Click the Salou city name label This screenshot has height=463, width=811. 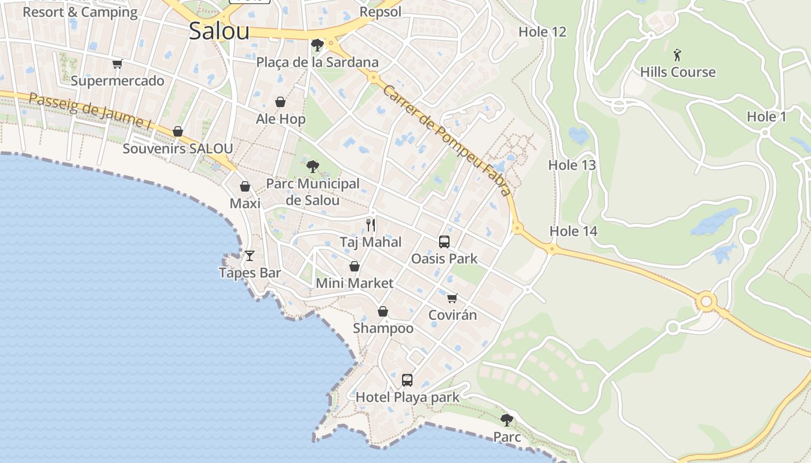pos(219,31)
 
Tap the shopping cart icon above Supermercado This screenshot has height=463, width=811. pos(118,64)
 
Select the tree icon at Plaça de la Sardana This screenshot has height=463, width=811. pos(317,45)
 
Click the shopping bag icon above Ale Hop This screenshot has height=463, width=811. pos(280,102)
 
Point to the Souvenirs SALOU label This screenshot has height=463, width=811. pos(177,149)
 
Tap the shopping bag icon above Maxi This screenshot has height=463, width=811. pos(245,186)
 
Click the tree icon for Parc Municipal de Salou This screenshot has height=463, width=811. pos(313,167)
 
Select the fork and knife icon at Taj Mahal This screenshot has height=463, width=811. pos(371,225)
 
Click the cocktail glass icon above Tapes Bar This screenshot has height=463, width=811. pos(250,255)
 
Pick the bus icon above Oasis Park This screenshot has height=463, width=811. pos(444,241)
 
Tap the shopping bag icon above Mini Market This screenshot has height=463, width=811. pos(355,266)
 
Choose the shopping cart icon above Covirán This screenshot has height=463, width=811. pos(452,298)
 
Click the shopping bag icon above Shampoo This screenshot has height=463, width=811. pos(383,311)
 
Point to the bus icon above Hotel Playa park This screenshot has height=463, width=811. pos(407,380)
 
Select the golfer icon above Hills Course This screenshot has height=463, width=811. pos(678,56)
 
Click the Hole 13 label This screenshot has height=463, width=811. pos(572,165)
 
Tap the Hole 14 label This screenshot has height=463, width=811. pos(573,231)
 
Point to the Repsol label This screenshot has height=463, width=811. pos(380,12)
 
